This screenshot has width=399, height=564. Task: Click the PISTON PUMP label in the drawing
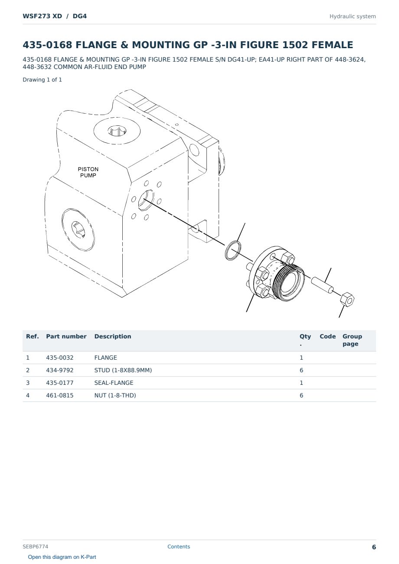click(88, 172)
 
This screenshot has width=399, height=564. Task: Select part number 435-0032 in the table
click(60, 357)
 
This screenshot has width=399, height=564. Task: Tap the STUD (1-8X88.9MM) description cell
click(123, 370)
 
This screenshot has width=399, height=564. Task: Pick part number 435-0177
click(60, 383)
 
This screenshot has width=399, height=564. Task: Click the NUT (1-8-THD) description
click(115, 395)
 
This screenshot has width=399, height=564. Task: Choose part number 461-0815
click(60, 395)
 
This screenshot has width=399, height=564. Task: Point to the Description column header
click(113, 336)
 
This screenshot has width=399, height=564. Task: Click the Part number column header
click(66, 336)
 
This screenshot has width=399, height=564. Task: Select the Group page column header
click(352, 340)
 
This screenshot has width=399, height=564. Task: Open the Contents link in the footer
click(179, 546)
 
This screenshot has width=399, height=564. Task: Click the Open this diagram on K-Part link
click(62, 557)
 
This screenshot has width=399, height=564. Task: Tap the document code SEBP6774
click(36, 546)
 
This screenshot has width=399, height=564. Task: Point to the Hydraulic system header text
click(353, 16)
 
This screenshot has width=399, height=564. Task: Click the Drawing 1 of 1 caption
click(43, 80)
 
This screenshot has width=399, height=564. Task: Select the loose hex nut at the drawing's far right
click(347, 300)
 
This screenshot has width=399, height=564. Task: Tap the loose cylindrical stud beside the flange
click(322, 285)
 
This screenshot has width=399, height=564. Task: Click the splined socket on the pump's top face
click(117, 131)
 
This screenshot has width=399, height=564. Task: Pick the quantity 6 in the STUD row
click(301, 370)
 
